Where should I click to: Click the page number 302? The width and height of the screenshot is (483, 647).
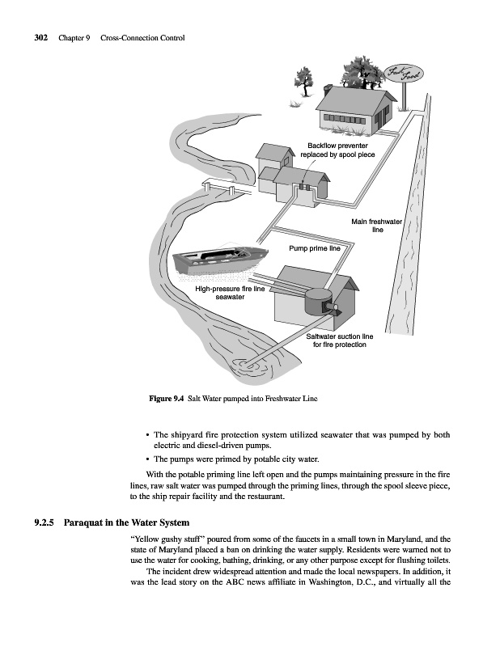pyautogui.click(x=41, y=38)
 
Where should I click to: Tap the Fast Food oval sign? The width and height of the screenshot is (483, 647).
pyautogui.click(x=404, y=74)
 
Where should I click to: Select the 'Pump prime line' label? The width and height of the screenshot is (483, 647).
pyautogui.click(x=315, y=248)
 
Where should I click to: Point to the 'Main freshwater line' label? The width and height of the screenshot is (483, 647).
pyautogui.click(x=376, y=226)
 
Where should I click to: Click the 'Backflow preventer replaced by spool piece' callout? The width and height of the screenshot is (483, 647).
pyautogui.click(x=337, y=150)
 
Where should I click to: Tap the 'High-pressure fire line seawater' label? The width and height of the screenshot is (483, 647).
pyautogui.click(x=230, y=293)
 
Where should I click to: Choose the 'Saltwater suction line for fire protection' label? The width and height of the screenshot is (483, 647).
pyautogui.click(x=339, y=340)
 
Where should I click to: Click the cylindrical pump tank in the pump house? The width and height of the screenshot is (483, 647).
pyautogui.click(x=318, y=301)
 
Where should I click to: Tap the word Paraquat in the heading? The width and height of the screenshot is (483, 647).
pyautogui.click(x=83, y=522)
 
